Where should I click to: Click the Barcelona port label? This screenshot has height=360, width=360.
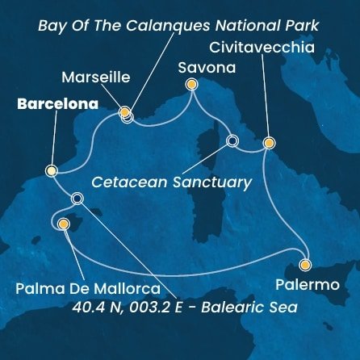coord(54,104)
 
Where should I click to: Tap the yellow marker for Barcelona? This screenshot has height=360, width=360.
coord(51,170)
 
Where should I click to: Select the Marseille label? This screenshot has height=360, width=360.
coord(95,77)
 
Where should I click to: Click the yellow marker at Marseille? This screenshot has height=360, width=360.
coord(125,113)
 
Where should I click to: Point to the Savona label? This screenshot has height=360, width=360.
coord(206,68)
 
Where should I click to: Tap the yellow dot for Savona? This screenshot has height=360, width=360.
coord(191,83)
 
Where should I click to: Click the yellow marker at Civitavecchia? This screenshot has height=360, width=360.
coord(269,143)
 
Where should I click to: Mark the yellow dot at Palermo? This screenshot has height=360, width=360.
coord(305,264)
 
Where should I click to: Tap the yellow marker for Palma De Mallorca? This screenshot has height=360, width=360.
coord(64,224)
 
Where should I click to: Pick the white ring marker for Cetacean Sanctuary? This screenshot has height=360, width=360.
coord(232,141)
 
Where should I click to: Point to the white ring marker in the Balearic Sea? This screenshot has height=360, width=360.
coord(77,199)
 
